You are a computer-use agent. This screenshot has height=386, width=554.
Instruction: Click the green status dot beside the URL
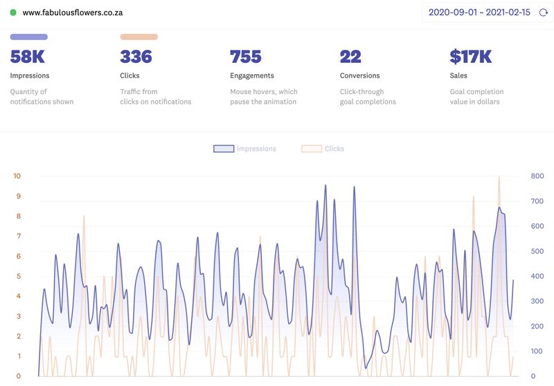tap(13, 12)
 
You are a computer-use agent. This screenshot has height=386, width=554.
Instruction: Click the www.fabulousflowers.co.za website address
tap(73, 12)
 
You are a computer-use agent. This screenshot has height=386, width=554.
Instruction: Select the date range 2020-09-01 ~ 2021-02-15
tap(479, 12)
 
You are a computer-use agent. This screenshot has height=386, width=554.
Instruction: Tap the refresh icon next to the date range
tap(544, 12)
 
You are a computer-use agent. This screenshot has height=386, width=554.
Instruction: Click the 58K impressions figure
tap(28, 56)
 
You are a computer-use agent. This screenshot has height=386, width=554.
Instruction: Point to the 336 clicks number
tap(136, 56)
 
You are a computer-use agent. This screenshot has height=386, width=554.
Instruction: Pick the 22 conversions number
tap(350, 56)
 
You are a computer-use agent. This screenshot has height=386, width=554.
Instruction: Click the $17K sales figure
tap(471, 56)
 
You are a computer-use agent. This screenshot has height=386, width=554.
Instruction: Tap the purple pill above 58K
tap(29, 37)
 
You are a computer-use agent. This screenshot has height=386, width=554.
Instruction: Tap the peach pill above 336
tap(138, 37)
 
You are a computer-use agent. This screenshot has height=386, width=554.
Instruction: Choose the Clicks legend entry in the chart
tap(323, 149)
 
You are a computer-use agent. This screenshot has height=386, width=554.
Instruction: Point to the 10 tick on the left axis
tap(17, 176)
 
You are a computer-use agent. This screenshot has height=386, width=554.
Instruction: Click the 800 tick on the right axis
tap(537, 176)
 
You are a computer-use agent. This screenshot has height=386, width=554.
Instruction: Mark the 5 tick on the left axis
tap(19, 277)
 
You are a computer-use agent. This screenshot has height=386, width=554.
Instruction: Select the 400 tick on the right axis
tap(537, 277)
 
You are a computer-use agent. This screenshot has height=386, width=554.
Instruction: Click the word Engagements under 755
tap(252, 75)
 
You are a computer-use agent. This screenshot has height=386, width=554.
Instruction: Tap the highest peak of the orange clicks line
tap(499, 177)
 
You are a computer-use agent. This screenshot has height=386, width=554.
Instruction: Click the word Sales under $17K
tap(458, 75)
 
